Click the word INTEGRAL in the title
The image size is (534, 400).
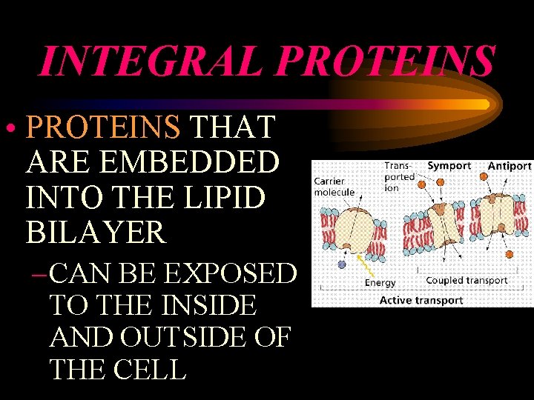coord(148,61)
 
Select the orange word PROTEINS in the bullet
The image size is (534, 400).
coord(103,127)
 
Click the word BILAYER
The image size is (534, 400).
coord(96,232)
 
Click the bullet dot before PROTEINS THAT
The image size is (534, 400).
coord(14,129)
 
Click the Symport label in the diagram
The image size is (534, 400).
coord(449,166)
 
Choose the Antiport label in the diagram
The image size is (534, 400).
coord(510,166)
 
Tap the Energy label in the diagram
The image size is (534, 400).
coord(380,283)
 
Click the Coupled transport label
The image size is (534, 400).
coord(467,281)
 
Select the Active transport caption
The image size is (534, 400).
coord(421,300)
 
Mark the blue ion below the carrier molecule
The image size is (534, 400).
coord(342,264)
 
